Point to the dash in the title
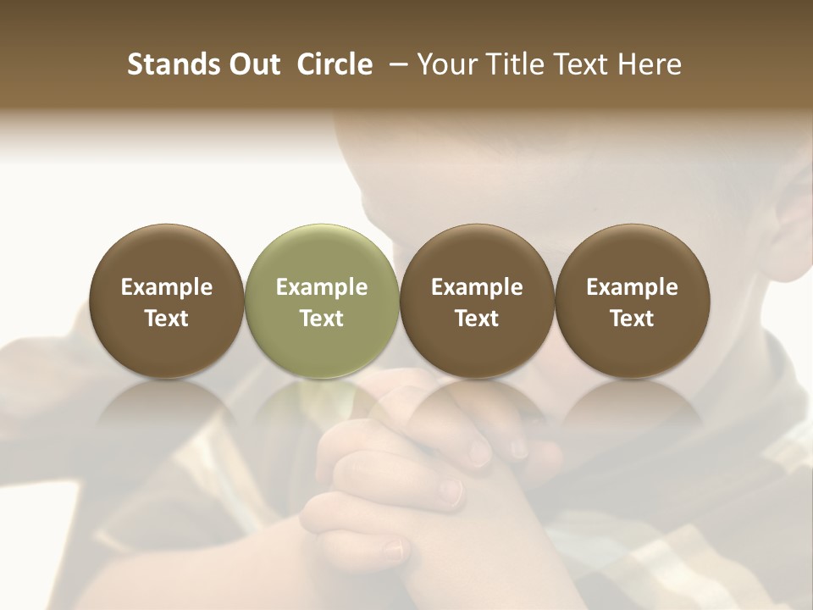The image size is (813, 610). [395, 64]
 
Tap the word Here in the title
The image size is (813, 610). [648, 64]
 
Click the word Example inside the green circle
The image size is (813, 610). [322, 288]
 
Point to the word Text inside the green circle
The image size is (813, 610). [322, 319]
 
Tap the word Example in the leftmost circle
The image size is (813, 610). [167, 288]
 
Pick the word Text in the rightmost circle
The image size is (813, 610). [632, 319]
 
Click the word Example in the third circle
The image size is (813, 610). [477, 288]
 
